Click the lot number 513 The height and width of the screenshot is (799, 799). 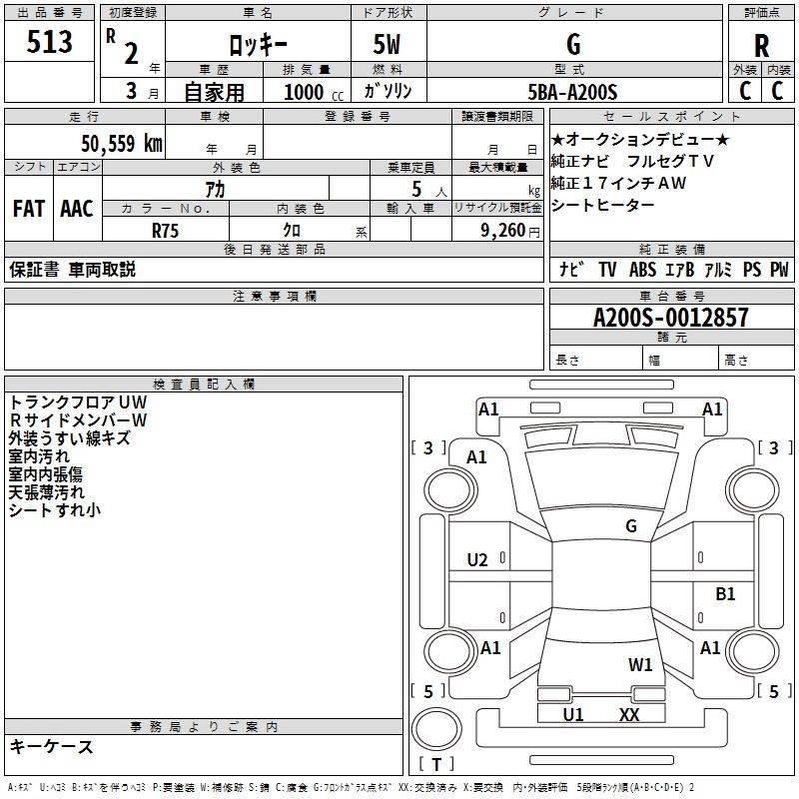click(x=51, y=43)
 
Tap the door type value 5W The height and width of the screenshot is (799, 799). click(x=388, y=45)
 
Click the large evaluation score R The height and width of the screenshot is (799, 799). click(x=762, y=46)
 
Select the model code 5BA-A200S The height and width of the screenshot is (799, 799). click(x=573, y=92)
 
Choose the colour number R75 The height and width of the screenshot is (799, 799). click(x=166, y=230)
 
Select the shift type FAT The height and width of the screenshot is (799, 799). click(x=28, y=209)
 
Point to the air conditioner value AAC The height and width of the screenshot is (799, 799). click(x=77, y=209)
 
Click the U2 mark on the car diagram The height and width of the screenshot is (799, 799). click(x=477, y=559)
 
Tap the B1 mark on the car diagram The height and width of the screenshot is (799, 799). click(x=725, y=594)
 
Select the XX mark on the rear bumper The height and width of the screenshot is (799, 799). click(x=629, y=714)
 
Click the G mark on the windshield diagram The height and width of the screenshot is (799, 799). click(x=630, y=525)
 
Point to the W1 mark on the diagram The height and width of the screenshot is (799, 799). click(x=640, y=664)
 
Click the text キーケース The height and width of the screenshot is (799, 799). click(x=52, y=747)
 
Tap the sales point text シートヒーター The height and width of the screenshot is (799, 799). click(x=603, y=205)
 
